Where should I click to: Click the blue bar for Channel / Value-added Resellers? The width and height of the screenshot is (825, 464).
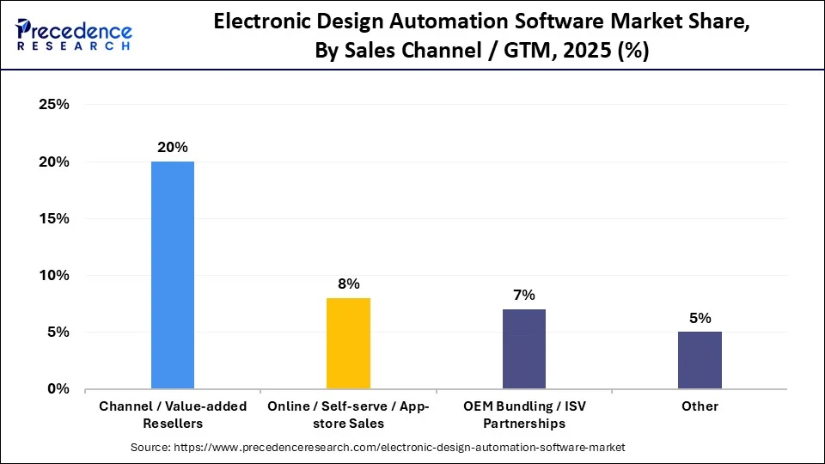(x=173, y=275)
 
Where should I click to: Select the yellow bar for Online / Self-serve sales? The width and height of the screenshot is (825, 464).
(x=348, y=344)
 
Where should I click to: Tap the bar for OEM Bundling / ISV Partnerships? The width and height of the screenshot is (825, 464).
(x=524, y=349)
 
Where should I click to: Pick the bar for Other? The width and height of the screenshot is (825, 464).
(x=700, y=360)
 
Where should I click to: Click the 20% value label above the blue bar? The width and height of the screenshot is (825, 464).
(x=173, y=147)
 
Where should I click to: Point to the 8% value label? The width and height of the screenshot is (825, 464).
(x=348, y=284)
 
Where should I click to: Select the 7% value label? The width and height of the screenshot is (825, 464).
(x=524, y=295)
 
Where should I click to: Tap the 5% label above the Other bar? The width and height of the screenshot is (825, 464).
(x=700, y=318)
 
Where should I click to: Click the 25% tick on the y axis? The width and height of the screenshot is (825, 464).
(x=53, y=105)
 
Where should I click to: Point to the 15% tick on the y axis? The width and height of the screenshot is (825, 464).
(x=53, y=218)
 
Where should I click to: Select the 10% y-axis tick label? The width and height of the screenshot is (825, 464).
(x=53, y=275)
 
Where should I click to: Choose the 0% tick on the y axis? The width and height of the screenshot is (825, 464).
(x=57, y=388)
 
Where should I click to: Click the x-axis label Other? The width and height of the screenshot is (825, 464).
(x=700, y=406)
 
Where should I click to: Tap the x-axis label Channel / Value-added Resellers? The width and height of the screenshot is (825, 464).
(x=173, y=414)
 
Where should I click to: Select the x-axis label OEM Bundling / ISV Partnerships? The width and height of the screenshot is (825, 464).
(x=524, y=414)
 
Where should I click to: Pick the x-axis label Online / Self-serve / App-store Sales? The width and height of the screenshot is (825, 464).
(x=348, y=414)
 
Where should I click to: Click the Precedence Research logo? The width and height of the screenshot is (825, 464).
(x=73, y=34)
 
